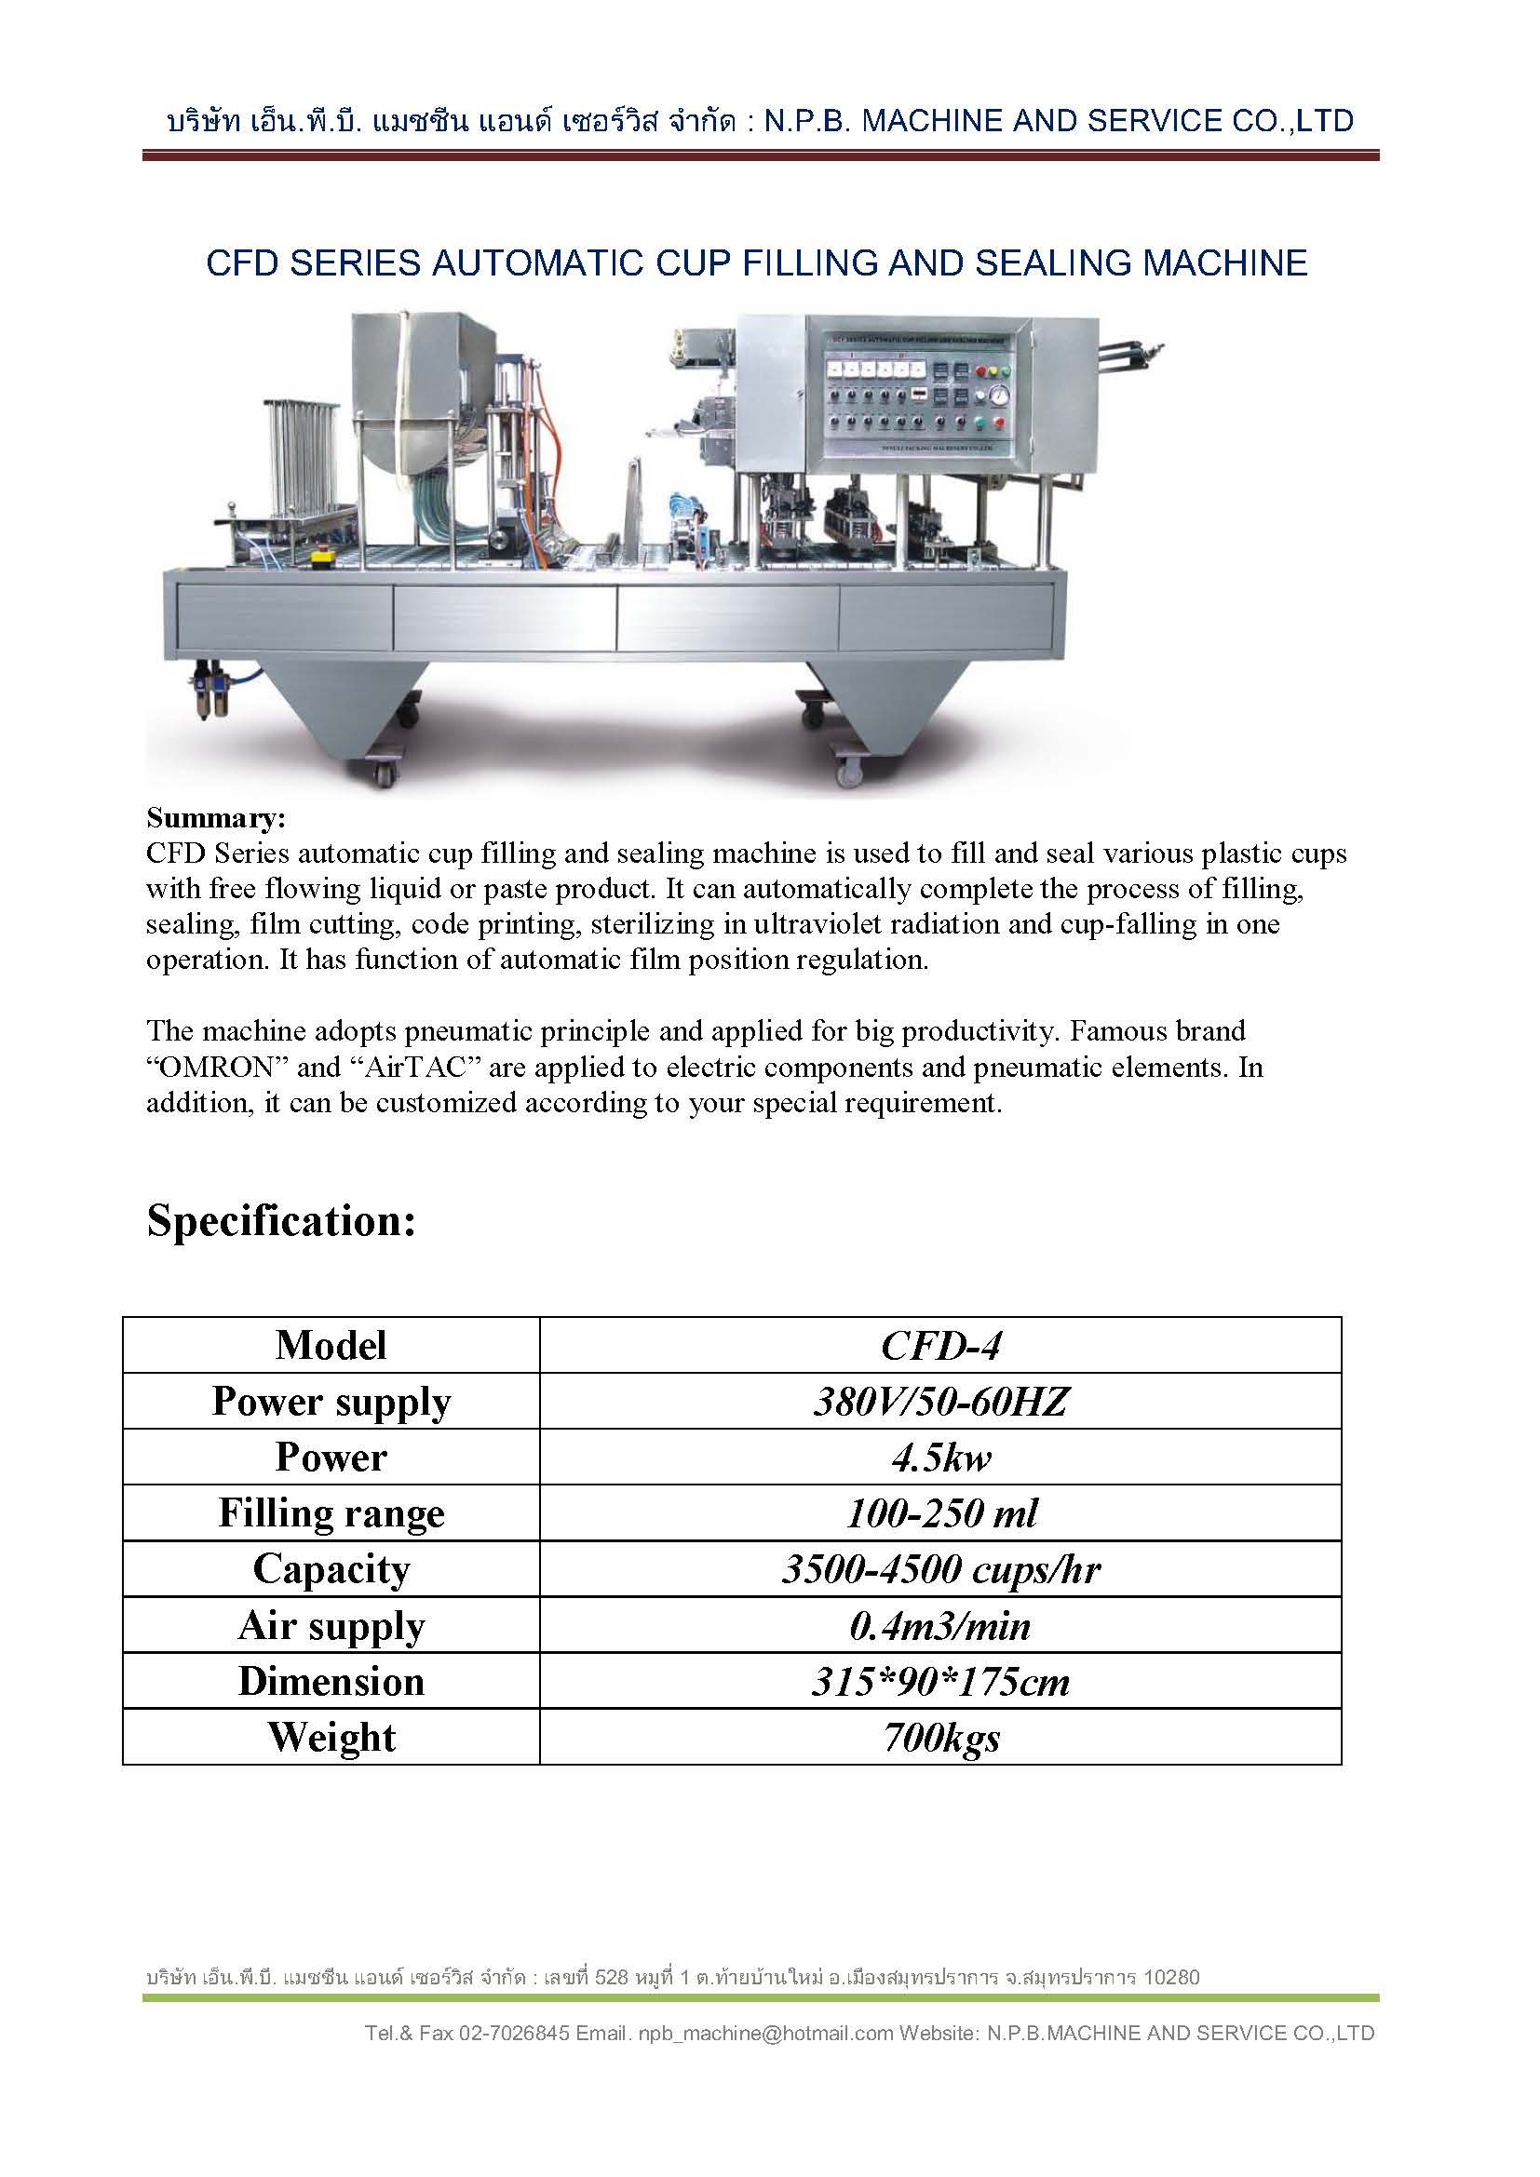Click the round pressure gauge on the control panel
(x=996, y=395)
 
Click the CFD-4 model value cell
(x=939, y=1346)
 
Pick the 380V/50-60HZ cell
(x=939, y=1402)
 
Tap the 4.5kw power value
(x=939, y=1458)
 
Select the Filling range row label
(x=331, y=1513)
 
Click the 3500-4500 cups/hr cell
(x=939, y=1569)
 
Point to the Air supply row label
(x=331, y=1625)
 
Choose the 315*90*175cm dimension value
(x=939, y=1681)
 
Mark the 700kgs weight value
(x=939, y=1737)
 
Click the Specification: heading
(x=280, y=1221)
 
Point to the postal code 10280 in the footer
(x=1171, y=1977)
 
